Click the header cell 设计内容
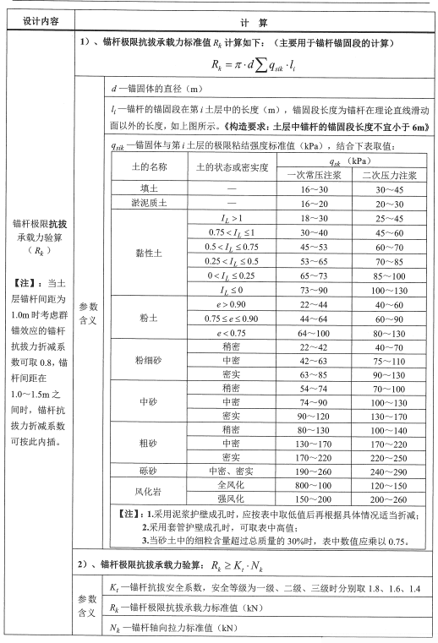click(37, 18)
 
